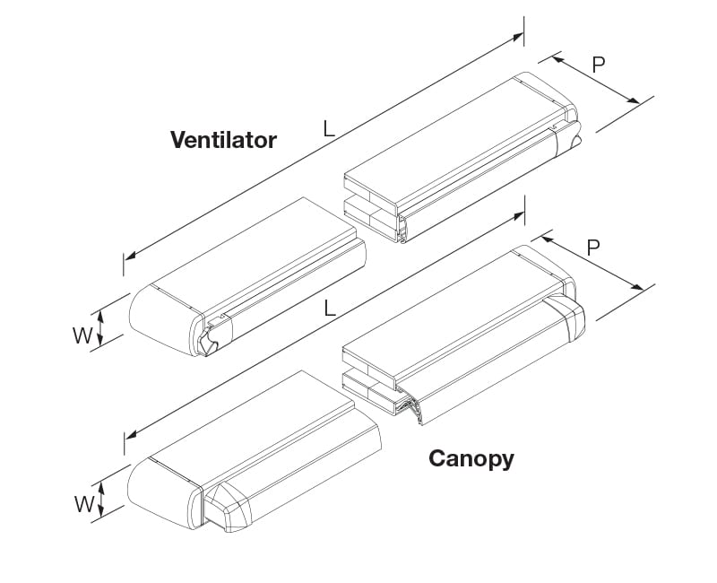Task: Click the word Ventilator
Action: [x=223, y=140]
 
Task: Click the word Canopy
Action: [x=471, y=458]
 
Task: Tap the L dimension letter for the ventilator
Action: [x=329, y=129]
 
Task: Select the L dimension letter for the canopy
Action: [x=330, y=309]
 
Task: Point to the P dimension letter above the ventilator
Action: [x=599, y=65]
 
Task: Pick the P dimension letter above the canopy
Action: [x=592, y=248]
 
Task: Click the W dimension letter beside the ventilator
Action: [x=82, y=335]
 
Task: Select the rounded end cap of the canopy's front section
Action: [x=161, y=488]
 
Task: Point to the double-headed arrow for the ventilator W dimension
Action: [x=100, y=326]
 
